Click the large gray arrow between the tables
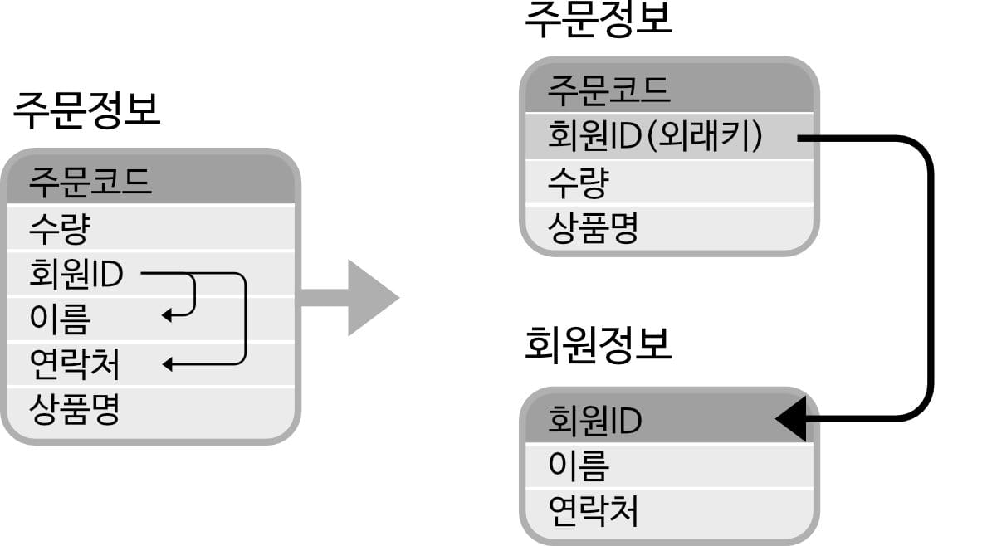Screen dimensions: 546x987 tap(357, 297)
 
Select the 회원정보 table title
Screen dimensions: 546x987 tap(598, 344)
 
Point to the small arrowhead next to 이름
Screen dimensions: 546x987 tap(167, 315)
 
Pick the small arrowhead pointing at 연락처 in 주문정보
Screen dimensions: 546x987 tap(167, 363)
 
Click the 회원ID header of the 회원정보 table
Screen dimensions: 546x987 tap(594, 421)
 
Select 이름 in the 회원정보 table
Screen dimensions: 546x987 tap(579, 466)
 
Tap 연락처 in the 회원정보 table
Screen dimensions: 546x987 tap(594, 511)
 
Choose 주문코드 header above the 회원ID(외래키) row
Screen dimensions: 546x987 tap(608, 89)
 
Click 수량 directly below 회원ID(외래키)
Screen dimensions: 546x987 tap(578, 182)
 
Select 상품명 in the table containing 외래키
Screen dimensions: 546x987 tap(593, 227)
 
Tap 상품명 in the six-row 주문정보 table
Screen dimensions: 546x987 tap(74, 408)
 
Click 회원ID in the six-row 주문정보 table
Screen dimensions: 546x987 tap(76, 273)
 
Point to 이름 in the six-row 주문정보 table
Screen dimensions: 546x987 tap(59, 318)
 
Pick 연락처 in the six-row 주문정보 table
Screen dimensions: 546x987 tap(74, 363)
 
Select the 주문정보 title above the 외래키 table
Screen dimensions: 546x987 tap(598, 20)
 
